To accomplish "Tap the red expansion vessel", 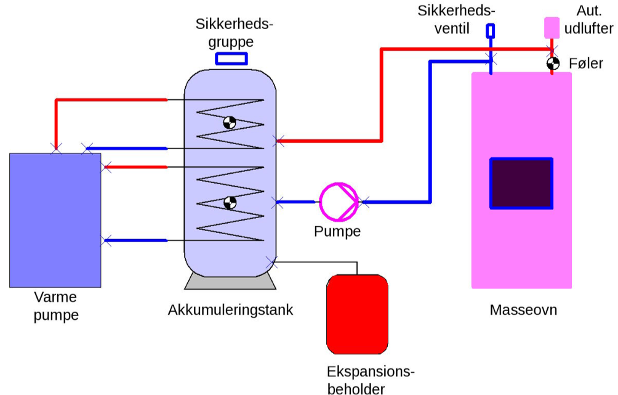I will (x=357, y=315).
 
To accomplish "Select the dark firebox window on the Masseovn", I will (x=521, y=183).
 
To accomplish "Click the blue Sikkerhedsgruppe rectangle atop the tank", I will (x=231, y=59).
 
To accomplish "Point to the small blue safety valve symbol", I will (x=491, y=30).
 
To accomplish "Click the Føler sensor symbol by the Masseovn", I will (x=553, y=63).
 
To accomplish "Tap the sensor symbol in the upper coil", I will (x=230, y=123).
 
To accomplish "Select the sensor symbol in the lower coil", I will (x=230, y=202).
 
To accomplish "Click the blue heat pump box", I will (x=55, y=220).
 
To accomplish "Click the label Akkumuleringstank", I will (x=230, y=310).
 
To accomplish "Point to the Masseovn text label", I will (x=523, y=310).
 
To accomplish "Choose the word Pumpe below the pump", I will (x=337, y=232).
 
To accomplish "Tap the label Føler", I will (x=586, y=63).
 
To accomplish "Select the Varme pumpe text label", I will (x=56, y=306).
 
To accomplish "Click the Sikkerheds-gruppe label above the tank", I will (x=233, y=33).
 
